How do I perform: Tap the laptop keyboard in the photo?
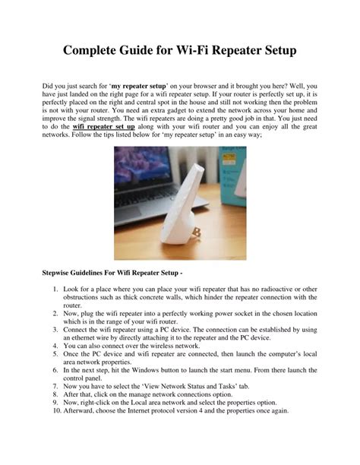137,217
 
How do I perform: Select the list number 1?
58,291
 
